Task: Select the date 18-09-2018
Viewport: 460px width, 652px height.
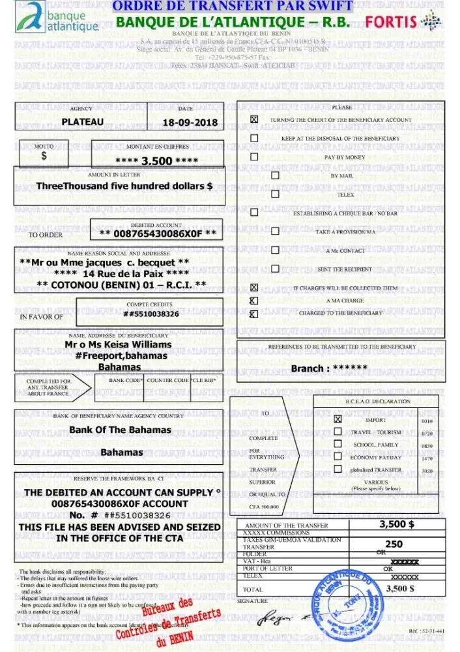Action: pyautogui.click(x=190, y=123)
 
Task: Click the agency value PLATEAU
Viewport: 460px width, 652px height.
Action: pyautogui.click(x=82, y=122)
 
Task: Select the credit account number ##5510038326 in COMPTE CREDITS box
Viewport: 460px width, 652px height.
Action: pyautogui.click(x=151, y=314)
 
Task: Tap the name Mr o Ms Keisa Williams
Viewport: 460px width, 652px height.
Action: pyautogui.click(x=118, y=344)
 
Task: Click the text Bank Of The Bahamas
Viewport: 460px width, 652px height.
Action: pyautogui.click(x=121, y=430)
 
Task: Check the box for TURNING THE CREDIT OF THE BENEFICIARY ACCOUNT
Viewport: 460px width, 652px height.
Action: pyautogui.click(x=254, y=120)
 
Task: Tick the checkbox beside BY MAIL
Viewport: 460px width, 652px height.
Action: pyautogui.click(x=275, y=176)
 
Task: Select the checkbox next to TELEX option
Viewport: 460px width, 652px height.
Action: pyautogui.click(x=275, y=194)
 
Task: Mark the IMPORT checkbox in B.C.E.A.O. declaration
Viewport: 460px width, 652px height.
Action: pyautogui.click(x=338, y=420)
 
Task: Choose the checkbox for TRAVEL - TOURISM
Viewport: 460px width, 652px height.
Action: pyautogui.click(x=338, y=432)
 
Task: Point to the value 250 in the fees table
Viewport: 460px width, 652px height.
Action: pyautogui.click(x=394, y=544)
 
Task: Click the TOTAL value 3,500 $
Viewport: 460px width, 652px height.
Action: pyautogui.click(x=400, y=588)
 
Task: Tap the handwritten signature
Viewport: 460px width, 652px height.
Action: pyautogui.click(x=287, y=616)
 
